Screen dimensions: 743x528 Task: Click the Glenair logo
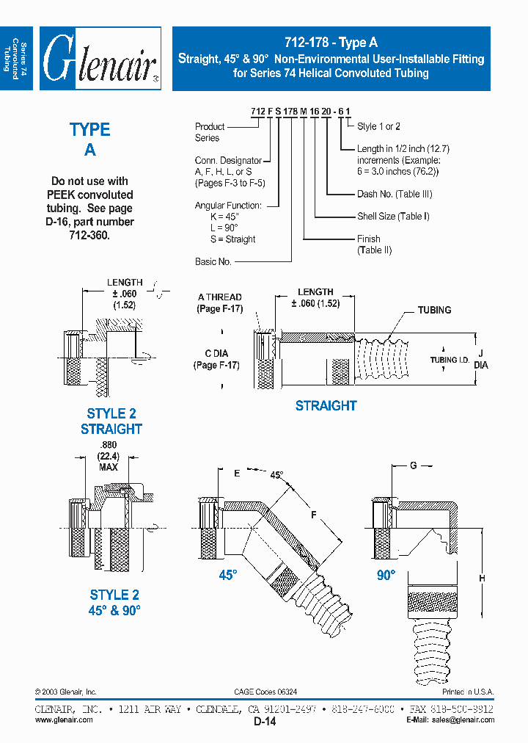(100, 59)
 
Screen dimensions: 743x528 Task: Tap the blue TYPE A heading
(89, 139)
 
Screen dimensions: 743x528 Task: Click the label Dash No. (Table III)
(394, 194)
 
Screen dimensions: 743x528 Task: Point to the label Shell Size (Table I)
(394, 216)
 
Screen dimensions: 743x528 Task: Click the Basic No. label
(213, 261)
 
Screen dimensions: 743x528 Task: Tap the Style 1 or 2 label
(378, 126)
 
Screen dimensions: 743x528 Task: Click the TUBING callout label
(434, 310)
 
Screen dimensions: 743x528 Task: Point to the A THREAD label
(220, 297)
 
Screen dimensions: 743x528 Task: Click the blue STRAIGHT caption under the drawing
(326, 405)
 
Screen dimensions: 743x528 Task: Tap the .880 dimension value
(109, 445)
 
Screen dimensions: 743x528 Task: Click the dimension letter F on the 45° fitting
(313, 515)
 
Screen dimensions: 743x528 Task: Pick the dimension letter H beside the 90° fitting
(482, 579)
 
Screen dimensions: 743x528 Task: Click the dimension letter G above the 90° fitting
(413, 465)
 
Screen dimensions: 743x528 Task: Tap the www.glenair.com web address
(64, 720)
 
